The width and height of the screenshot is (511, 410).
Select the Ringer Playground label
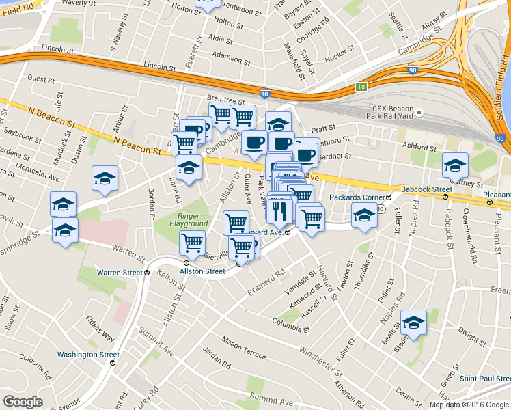[189, 219]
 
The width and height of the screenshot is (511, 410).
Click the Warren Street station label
[122, 272]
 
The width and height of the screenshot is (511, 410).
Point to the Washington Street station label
[88, 355]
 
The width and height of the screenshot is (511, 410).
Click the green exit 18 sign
[361, 87]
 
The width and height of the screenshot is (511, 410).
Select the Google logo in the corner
[23, 402]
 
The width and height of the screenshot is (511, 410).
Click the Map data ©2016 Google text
[469, 405]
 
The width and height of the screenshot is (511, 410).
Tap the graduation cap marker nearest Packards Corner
[364, 215]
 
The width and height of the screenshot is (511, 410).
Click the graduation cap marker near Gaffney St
[455, 164]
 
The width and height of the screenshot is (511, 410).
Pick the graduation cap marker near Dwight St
[413, 321]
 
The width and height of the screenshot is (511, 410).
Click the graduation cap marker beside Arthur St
[105, 178]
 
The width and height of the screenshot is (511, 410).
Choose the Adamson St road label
[227, 54]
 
